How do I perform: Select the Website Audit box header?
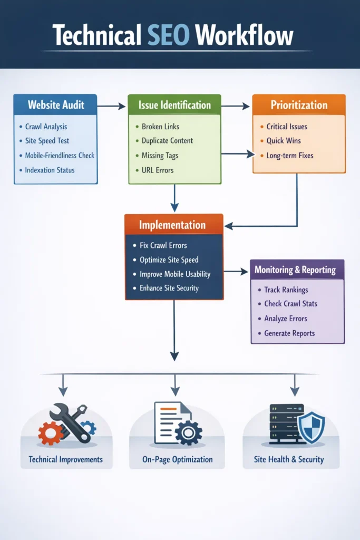click(55, 104)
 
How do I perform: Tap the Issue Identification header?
click(174, 105)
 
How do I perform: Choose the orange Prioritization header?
click(299, 104)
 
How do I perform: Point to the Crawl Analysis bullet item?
click(46, 127)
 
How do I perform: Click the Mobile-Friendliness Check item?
click(60, 156)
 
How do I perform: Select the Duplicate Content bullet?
click(167, 141)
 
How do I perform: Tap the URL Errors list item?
click(158, 170)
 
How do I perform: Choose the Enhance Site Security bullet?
click(169, 288)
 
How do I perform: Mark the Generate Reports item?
click(290, 333)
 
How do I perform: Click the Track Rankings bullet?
click(286, 290)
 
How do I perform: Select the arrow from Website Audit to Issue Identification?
click(112, 107)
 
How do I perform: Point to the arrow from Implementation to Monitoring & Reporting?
click(236, 272)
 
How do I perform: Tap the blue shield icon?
click(312, 427)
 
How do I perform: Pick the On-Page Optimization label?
click(178, 459)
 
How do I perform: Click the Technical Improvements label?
click(66, 459)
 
